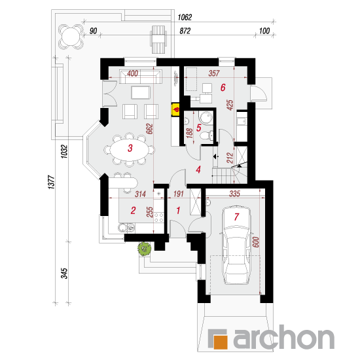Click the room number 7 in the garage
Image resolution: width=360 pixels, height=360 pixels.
(x=236, y=217)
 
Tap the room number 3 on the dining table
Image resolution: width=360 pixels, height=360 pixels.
(x=130, y=148)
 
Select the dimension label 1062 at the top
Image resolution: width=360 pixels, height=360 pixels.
(x=185, y=17)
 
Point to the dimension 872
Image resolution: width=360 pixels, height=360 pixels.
(x=185, y=31)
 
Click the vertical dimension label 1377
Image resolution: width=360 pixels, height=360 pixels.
(x=52, y=183)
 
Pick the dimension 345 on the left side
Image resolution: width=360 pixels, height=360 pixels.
(x=64, y=273)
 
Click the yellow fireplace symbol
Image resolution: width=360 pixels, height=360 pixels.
(x=176, y=110)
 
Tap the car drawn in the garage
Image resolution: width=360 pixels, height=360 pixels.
(x=237, y=245)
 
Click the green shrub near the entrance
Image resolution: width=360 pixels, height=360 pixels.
(x=145, y=249)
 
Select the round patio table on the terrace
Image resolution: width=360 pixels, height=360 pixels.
(x=71, y=37)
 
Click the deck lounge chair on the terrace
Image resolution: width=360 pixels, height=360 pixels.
(x=158, y=39)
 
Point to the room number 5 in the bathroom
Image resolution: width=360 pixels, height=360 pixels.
(x=199, y=128)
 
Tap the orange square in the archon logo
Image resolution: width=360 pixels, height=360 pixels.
(x=221, y=342)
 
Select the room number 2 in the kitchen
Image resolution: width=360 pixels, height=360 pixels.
(x=133, y=210)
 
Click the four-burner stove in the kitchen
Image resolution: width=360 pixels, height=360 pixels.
(x=158, y=218)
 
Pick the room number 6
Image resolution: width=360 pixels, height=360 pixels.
(x=223, y=88)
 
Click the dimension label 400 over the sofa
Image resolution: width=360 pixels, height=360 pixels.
(x=133, y=73)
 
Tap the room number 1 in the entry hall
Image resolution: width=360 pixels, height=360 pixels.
(x=178, y=210)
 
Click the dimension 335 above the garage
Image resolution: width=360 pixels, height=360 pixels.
(x=234, y=194)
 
